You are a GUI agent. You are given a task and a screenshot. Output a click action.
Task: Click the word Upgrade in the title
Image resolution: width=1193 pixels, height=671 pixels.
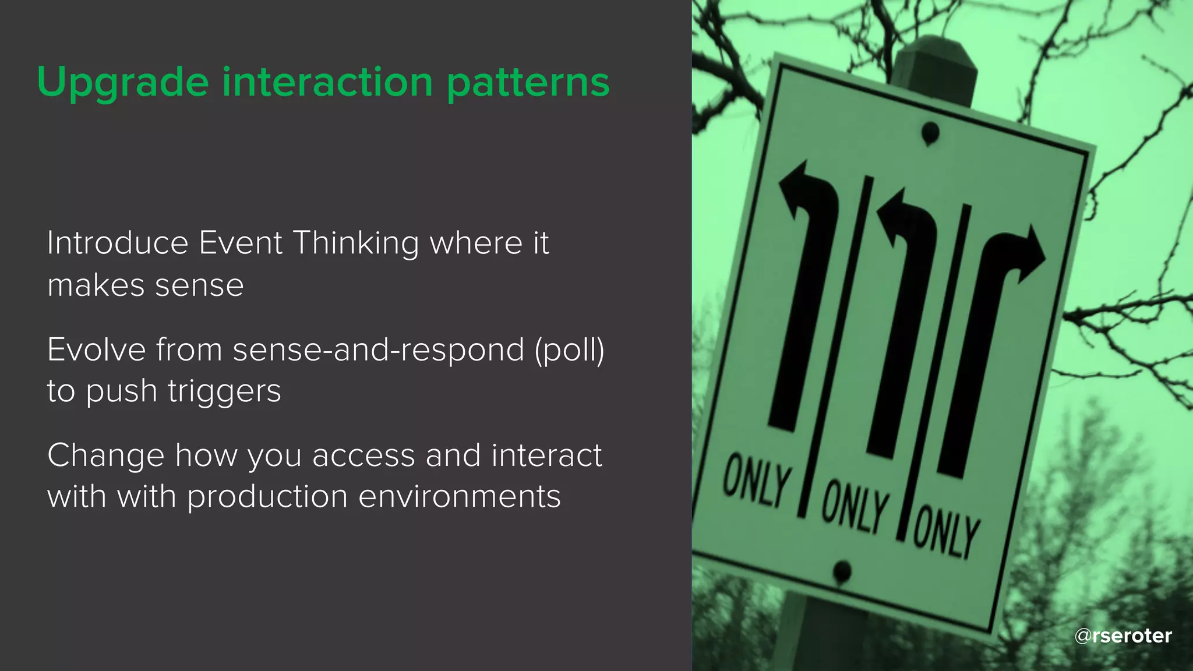(x=122, y=83)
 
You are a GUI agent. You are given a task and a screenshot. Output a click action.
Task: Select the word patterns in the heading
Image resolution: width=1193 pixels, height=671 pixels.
(x=528, y=83)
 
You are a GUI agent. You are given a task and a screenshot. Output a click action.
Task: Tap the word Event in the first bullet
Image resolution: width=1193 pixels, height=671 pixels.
(x=241, y=243)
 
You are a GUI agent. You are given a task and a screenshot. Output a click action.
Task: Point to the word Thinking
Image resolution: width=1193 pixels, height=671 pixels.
(x=355, y=244)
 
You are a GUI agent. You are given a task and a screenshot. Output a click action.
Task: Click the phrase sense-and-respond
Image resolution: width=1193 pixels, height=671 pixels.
(x=379, y=351)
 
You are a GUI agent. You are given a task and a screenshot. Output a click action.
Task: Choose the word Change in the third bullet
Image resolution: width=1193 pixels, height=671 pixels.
(x=105, y=455)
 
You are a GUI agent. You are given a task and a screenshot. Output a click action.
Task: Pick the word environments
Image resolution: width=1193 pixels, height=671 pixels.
(x=460, y=496)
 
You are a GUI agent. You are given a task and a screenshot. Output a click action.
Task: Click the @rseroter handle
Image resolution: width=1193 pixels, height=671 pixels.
(x=1123, y=635)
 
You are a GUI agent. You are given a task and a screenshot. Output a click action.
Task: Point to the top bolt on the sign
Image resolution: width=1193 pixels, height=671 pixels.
(x=930, y=133)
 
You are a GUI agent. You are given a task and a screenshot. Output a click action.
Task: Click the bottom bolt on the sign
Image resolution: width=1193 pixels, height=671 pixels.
(x=842, y=571)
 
